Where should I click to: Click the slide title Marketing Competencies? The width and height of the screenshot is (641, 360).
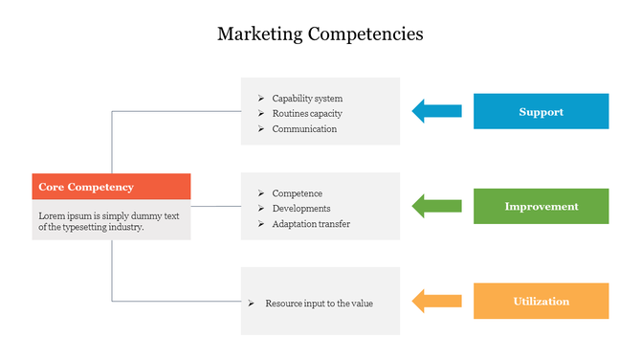point(320,34)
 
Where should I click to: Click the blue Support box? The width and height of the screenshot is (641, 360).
point(541,112)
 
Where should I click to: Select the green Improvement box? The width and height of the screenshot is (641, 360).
point(541,206)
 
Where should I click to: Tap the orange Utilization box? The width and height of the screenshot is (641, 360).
point(541,301)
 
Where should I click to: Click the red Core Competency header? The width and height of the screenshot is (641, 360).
point(111,187)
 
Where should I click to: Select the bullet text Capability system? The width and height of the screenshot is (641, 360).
point(307,99)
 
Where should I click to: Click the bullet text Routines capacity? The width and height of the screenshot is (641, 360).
point(307,114)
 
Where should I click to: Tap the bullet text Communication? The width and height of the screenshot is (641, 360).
point(304,129)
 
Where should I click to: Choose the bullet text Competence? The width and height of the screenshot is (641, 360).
point(298,193)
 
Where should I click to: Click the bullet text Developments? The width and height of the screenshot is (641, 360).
point(301,209)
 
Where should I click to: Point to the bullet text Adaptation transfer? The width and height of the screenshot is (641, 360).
point(311,224)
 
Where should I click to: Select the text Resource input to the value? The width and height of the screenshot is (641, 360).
point(319,304)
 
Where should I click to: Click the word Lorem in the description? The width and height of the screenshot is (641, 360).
point(52,215)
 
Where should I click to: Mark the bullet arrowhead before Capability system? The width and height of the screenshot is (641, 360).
point(261,99)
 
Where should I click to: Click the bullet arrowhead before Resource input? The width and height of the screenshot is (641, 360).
point(251,304)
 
